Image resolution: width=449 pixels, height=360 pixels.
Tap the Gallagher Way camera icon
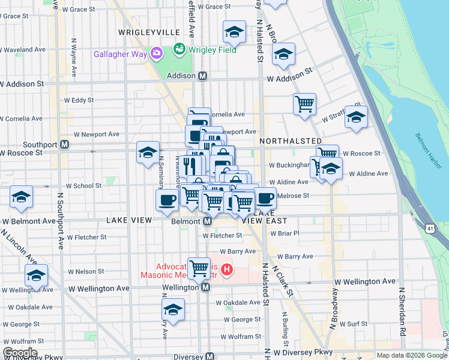157,54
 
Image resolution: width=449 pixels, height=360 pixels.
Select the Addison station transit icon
203,76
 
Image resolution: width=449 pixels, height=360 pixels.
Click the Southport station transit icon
64,145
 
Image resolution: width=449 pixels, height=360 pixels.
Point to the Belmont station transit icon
207,221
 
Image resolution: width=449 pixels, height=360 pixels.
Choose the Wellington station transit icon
205,287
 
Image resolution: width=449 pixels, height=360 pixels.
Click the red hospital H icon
226,270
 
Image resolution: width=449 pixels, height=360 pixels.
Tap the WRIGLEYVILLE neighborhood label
149,32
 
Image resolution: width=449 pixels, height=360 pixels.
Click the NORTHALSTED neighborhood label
291,140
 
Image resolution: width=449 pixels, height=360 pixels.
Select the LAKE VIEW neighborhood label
129,220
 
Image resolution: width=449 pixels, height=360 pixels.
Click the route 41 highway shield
430,228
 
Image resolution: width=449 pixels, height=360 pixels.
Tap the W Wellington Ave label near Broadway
365,281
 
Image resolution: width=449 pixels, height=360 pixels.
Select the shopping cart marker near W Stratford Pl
304,103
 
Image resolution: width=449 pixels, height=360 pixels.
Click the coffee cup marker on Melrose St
265,197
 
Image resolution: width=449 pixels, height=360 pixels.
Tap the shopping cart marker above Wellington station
199,268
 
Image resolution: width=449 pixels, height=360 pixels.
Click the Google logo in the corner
20,353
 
